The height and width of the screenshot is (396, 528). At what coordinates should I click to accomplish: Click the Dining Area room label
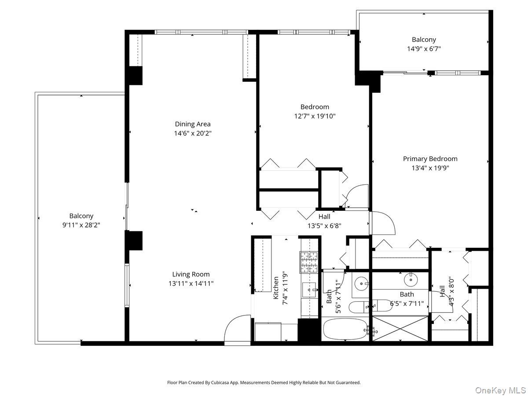[x=192, y=124]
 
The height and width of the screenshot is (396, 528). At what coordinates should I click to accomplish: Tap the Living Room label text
[x=191, y=274]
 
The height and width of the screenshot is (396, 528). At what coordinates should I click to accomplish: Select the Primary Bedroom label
[x=430, y=159]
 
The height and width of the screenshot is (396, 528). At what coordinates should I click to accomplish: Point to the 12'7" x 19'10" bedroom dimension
[x=315, y=116]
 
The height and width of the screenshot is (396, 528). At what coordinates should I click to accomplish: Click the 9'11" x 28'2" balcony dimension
[x=81, y=225]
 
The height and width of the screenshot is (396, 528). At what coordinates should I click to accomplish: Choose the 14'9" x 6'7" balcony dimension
[x=424, y=49]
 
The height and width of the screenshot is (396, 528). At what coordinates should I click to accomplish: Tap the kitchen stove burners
[x=308, y=262]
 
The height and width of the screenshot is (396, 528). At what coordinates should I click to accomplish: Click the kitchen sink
[x=309, y=290]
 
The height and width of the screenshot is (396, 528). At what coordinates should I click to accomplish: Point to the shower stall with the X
[x=400, y=329]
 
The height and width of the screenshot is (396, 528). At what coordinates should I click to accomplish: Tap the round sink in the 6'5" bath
[x=411, y=280]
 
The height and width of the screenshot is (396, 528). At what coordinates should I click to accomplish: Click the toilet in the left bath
[x=359, y=307]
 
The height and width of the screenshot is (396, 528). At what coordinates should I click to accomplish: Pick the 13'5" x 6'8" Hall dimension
[x=324, y=226]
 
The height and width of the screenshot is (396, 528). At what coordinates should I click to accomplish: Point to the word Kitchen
[x=276, y=288]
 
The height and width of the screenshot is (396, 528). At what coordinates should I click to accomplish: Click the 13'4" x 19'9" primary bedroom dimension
[x=430, y=168]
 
